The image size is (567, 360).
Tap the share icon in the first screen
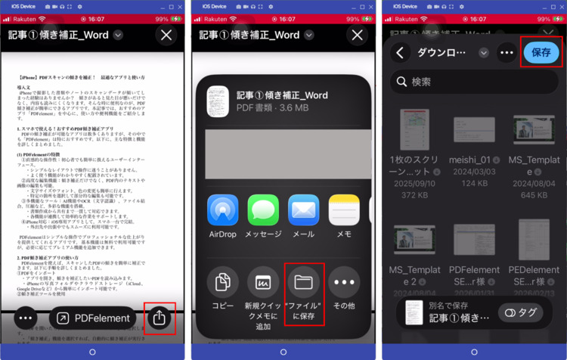click(x=159, y=318)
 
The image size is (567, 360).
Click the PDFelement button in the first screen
click(x=93, y=318)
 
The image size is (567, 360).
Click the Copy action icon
click(x=223, y=282)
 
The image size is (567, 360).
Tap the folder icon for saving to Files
click(x=304, y=282)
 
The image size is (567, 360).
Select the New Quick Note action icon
click(x=263, y=282)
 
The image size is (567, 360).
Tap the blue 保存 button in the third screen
click(x=541, y=53)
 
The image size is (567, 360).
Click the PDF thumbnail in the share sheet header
click(x=218, y=101)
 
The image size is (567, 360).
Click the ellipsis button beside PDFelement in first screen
click(x=26, y=318)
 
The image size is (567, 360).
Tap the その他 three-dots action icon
click(x=344, y=282)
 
